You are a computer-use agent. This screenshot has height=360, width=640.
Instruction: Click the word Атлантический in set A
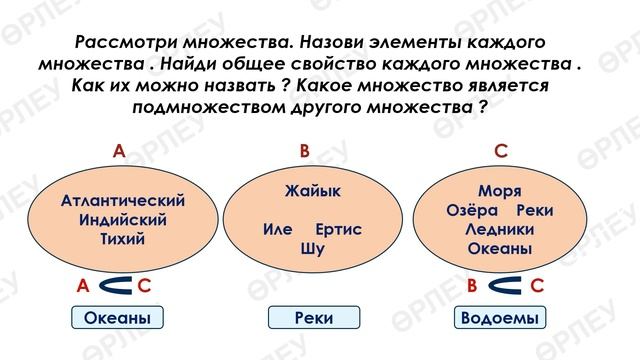coord(124,200)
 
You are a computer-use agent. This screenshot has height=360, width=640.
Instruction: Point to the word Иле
coord(277,230)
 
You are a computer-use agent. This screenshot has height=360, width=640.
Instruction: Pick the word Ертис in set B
coord(337,230)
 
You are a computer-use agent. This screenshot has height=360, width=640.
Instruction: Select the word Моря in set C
coord(500,191)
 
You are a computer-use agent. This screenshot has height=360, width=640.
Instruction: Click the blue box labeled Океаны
coord(118,318)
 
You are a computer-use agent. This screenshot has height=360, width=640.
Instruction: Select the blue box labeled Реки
coord(307,318)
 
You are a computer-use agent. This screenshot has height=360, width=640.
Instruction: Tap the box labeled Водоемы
coord(500,318)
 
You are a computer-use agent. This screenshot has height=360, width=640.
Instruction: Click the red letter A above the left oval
coord(119,151)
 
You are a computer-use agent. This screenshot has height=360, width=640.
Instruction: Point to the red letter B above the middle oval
coord(306,151)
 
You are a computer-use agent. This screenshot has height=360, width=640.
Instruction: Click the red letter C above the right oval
coord(501,151)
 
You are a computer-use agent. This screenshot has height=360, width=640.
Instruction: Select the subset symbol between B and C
coord(504,287)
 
